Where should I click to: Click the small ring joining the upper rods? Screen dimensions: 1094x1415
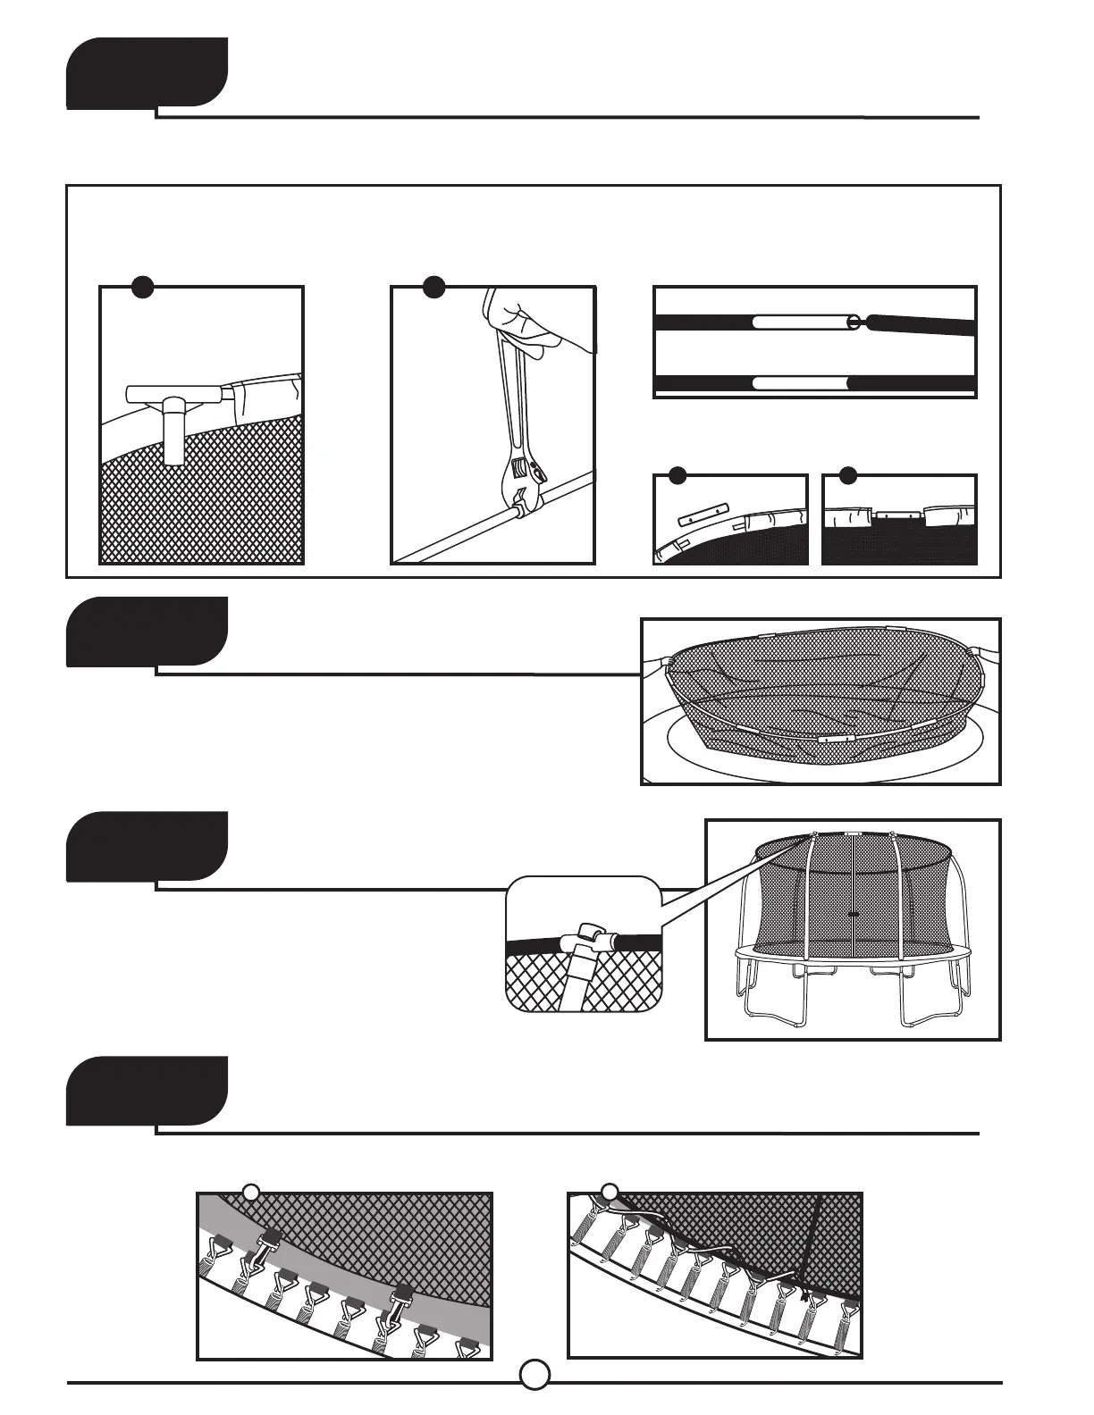[854, 321]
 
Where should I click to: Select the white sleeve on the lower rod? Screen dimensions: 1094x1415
[799, 384]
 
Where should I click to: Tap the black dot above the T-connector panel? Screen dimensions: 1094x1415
[142, 286]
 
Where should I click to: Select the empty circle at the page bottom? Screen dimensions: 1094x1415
[534, 1374]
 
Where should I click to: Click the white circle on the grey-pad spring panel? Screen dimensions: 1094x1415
[251, 1192]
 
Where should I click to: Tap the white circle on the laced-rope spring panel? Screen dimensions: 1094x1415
[609, 1192]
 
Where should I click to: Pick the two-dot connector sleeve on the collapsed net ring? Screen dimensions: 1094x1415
[835, 741]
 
